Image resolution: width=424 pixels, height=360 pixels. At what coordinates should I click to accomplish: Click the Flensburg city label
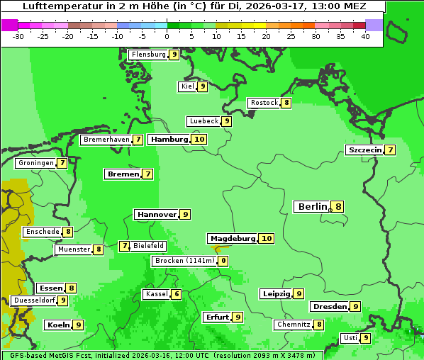coord(148,55)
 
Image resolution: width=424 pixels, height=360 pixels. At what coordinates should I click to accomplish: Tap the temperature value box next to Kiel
coord(202,86)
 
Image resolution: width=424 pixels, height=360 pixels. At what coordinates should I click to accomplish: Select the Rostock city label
coord(264,103)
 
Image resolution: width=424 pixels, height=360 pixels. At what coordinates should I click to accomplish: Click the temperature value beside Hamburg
coord(199,139)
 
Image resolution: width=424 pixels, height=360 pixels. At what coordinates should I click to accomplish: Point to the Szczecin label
coord(364,150)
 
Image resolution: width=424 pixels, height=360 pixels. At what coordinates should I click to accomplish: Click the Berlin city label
coord(312,207)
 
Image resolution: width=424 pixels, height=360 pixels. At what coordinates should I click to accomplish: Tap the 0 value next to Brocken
coord(223,261)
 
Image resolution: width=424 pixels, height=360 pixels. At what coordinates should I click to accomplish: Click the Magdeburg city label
coord(232,238)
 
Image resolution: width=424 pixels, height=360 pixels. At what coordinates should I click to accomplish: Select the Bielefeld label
coord(148,246)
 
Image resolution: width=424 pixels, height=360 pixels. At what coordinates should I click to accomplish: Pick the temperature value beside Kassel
coord(177,294)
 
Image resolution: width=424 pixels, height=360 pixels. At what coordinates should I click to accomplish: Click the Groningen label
coord(36,163)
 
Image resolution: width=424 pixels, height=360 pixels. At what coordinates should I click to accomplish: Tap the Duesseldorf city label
coord(33,300)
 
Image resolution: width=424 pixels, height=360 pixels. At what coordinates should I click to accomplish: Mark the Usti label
coord(350,338)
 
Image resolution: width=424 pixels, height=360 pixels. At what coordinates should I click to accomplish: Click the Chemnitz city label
coord(294,325)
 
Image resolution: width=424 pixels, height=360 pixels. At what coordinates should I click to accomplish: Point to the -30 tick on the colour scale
coord(18,36)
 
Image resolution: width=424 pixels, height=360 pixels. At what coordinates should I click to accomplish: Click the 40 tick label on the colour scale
coord(365,36)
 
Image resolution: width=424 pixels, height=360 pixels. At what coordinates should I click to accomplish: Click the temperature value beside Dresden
coord(355,307)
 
